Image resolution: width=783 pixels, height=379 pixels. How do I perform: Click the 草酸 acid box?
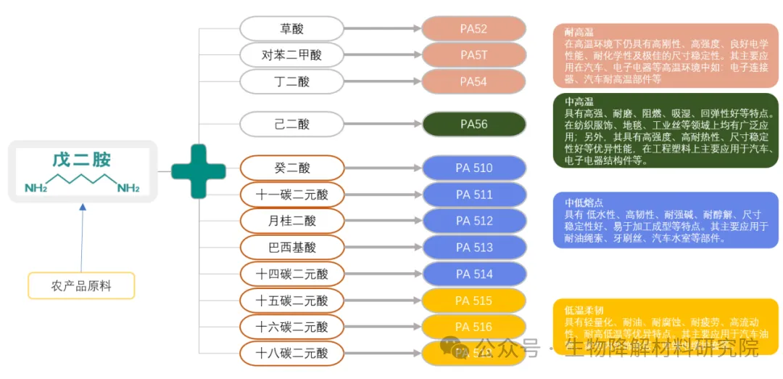pos(291,29)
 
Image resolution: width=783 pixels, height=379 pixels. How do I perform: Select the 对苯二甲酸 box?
pos(291,55)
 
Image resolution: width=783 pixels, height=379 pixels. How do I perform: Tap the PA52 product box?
pos(473,29)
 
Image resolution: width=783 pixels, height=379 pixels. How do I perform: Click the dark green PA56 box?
pos(473,124)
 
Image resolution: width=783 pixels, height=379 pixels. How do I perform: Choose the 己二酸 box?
pos(291,124)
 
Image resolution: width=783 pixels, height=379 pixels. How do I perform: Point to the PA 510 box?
pos(473,168)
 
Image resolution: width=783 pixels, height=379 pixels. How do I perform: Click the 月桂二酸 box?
pos(291,221)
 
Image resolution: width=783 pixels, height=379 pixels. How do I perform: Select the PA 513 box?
pos(473,248)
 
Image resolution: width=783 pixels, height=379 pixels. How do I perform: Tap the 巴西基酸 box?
pos(291,248)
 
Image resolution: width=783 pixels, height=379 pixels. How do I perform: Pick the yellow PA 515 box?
pos(473,301)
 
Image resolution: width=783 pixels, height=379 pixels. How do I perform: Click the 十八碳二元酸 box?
pos(291,354)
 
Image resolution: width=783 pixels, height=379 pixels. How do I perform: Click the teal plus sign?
pos(198,171)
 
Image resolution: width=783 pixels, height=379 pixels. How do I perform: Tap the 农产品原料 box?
pos(81,285)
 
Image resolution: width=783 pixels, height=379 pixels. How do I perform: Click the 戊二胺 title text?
pos(81,160)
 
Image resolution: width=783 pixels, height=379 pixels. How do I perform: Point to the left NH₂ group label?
pos(36,189)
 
